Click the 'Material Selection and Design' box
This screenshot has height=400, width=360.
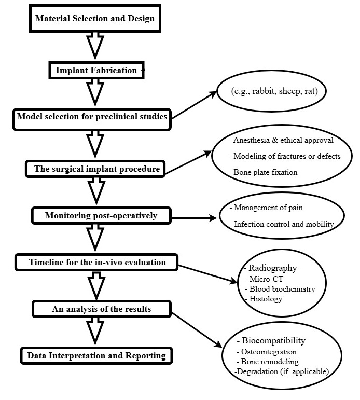click(x=95, y=20)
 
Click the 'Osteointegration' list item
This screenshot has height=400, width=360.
click(x=268, y=352)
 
